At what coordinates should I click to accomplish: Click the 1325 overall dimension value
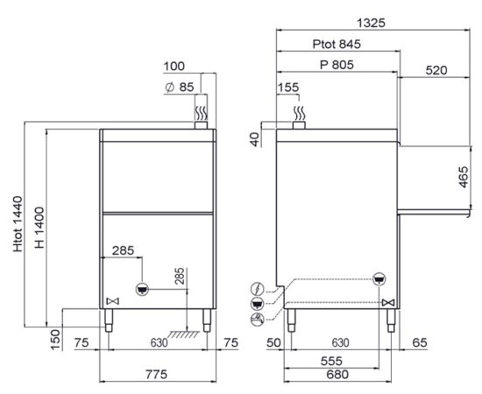(x=371, y=23)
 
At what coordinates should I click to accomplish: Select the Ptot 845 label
(x=337, y=45)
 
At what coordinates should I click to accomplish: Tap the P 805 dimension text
(x=337, y=65)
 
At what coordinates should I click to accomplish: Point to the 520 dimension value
(x=436, y=71)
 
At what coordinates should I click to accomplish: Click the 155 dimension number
(x=288, y=88)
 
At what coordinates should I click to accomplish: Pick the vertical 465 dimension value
(x=464, y=177)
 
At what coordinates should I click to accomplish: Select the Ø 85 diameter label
(x=180, y=88)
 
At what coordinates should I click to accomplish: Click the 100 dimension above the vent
(x=174, y=67)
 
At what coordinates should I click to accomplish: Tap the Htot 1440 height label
(x=18, y=224)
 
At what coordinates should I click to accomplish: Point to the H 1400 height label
(x=39, y=228)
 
